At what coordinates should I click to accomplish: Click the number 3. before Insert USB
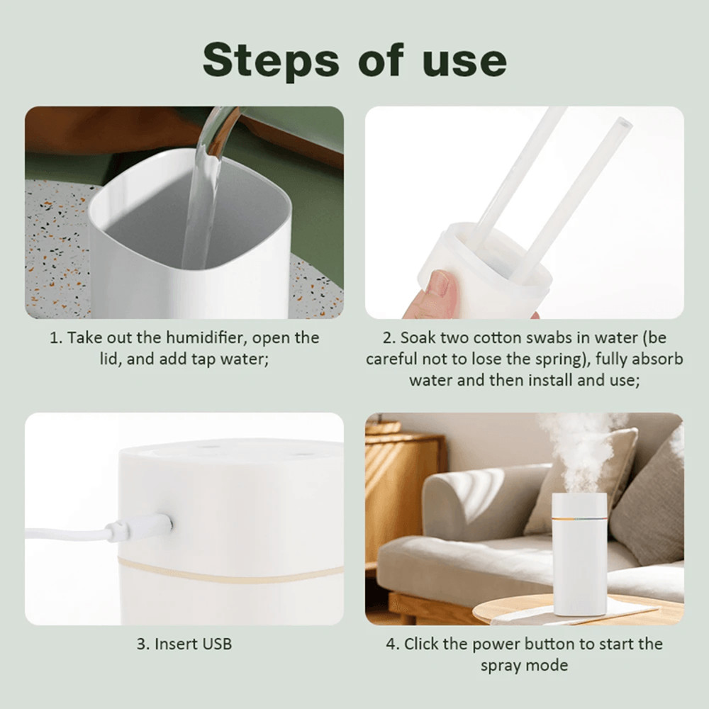pyautogui.click(x=143, y=644)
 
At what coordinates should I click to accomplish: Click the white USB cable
pyautogui.click(x=64, y=532)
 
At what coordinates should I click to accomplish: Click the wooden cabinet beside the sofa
pyautogui.click(x=401, y=496)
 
